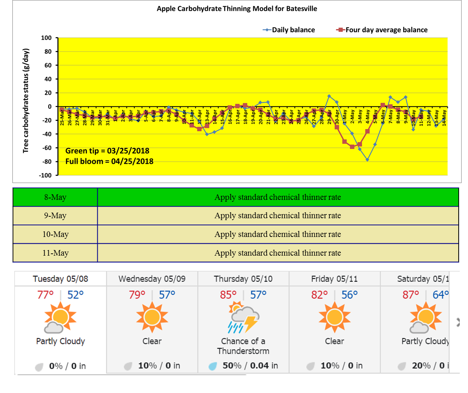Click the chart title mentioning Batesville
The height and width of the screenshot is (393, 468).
coord(237,9)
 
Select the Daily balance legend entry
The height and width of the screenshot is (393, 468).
coord(293,30)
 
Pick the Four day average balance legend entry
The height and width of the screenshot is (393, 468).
coord(386,30)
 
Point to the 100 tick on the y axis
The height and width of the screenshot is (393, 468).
coord(46,38)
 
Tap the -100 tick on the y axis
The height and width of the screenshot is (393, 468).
coord(45,175)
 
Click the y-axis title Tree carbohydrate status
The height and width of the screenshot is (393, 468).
coord(25,101)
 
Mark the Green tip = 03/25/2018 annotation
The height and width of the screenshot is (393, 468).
coord(107,151)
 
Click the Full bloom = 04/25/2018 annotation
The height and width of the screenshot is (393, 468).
coord(109,161)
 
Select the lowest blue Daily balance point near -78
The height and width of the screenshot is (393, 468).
coord(367,160)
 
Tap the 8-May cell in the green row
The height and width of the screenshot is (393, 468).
coord(55,197)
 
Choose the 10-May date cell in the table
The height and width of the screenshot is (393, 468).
coord(55,234)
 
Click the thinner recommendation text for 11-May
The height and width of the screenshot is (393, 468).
coord(277,253)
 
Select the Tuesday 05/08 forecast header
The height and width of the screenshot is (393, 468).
coord(60,279)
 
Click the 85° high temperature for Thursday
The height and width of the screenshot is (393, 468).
coord(228,295)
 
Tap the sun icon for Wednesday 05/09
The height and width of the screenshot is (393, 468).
coord(152,317)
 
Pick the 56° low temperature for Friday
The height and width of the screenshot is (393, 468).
coord(349,295)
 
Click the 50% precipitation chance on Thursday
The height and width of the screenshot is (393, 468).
coord(232,366)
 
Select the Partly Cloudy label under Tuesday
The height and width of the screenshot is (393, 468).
coord(60,341)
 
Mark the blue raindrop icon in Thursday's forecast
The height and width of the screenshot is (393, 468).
coord(213,366)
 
